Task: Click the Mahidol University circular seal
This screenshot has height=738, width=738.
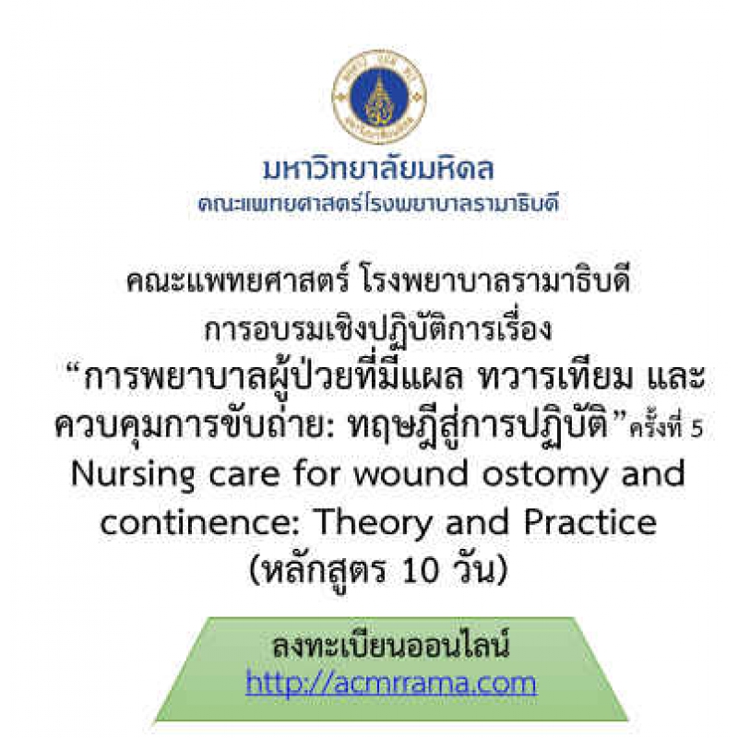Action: (379, 97)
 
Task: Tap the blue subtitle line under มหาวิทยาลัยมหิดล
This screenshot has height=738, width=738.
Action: (378, 204)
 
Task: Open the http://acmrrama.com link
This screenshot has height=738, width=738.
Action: (390, 682)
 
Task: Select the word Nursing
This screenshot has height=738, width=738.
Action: (133, 475)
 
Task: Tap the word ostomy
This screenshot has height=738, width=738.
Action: (545, 475)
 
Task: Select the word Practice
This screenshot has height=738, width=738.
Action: (590, 521)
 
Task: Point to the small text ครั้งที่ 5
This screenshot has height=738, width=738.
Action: (667, 427)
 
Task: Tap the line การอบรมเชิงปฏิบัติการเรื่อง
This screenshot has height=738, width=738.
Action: (378, 329)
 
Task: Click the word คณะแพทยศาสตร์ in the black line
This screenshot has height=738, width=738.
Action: (238, 281)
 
